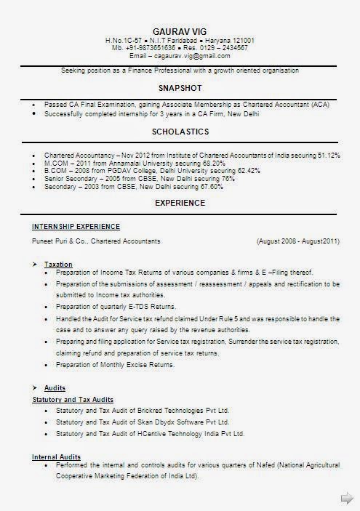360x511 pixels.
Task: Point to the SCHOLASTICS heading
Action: click(180, 132)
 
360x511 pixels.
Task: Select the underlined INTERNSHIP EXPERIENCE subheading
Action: click(76, 227)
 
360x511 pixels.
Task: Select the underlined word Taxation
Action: click(58, 263)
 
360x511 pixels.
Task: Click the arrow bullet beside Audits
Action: click(34, 387)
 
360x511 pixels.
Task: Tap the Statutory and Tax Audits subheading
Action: click(73, 400)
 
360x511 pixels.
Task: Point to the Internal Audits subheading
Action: click(56, 456)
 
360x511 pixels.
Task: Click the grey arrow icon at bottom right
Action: click(347, 497)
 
